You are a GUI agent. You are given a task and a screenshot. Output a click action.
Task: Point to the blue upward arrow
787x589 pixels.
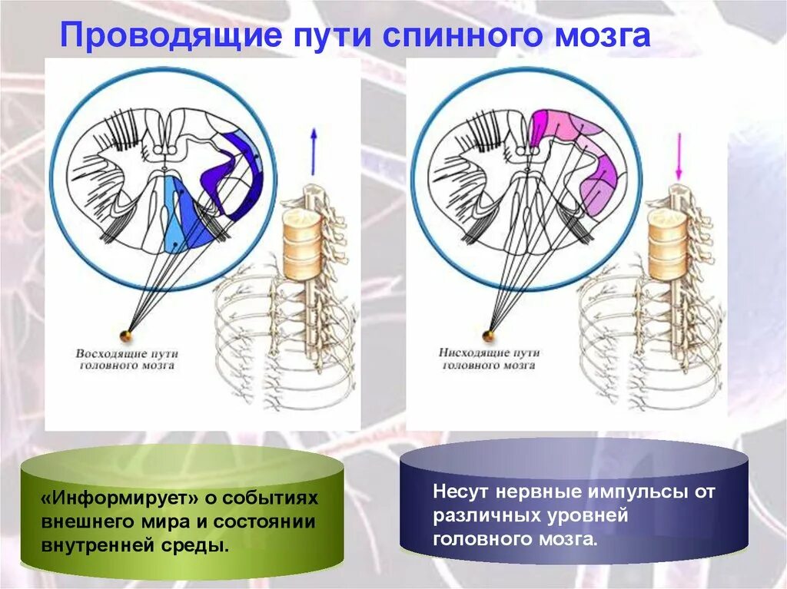tap(314, 151)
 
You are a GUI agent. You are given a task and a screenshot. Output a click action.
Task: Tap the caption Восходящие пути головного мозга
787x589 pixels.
tap(127, 360)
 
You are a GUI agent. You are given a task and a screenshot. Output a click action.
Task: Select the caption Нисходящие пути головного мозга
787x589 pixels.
tap(490, 359)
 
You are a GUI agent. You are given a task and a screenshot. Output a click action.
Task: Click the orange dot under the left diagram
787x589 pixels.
tap(125, 335)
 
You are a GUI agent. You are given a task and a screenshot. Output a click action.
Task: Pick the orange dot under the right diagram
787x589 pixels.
tap(487, 334)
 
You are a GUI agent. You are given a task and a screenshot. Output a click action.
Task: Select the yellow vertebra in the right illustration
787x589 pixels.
tap(666, 245)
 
